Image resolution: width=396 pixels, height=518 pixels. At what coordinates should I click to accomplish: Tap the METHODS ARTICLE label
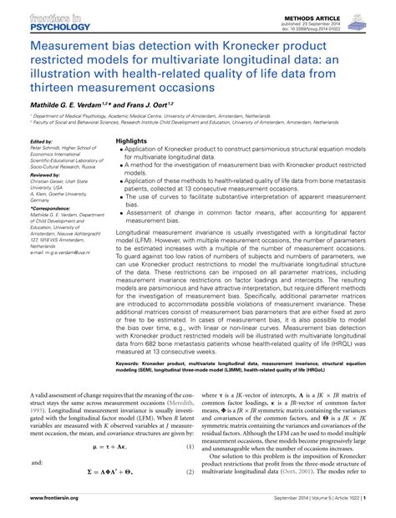(x=319, y=14)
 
